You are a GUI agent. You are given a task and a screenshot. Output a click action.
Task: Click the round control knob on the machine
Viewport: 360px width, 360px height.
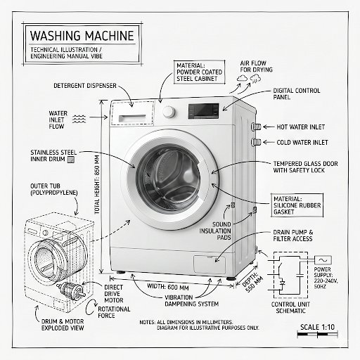169,112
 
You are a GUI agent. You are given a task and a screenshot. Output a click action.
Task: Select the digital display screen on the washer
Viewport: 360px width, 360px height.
204,110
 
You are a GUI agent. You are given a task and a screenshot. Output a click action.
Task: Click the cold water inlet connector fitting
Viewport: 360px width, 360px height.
257,142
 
